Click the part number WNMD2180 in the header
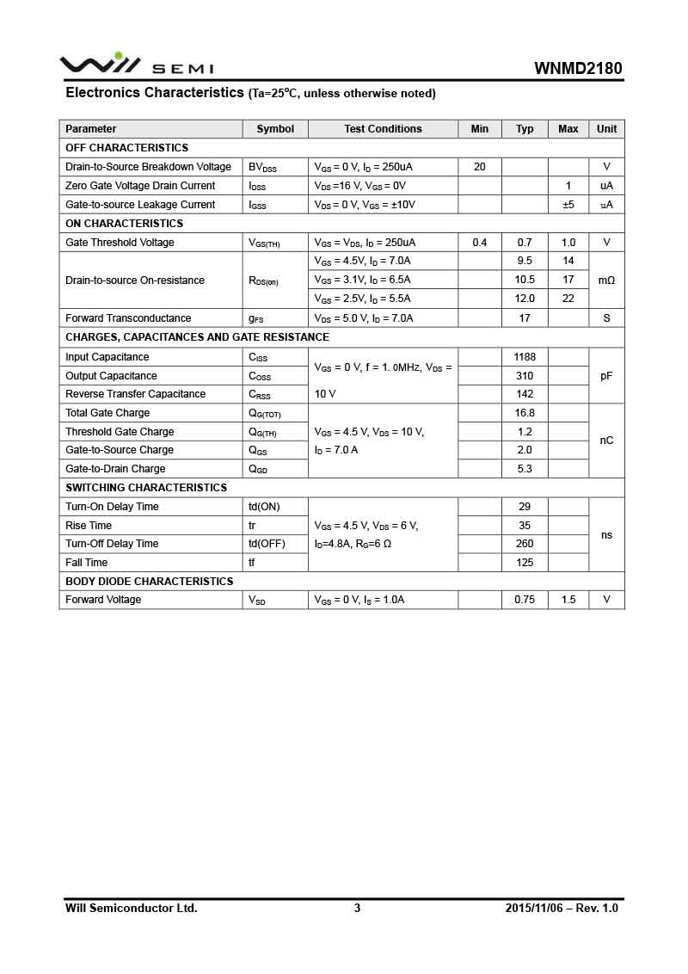pos(578,68)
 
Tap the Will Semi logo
pos(136,65)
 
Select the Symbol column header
pos(275,129)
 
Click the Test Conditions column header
pos(383,129)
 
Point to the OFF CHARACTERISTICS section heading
pos(126,148)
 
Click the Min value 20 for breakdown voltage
pos(480,167)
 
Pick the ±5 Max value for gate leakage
pos(568,205)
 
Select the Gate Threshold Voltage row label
pos(120,243)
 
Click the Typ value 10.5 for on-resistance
pos(525,280)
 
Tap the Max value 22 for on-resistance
pos(568,299)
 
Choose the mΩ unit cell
pos(606,280)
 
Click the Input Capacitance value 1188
pos(525,357)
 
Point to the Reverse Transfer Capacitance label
pos(136,394)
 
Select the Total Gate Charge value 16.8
pos(525,413)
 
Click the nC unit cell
pos(606,441)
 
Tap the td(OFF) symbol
pos(267,544)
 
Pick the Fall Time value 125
pos(525,563)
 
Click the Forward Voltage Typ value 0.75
pos(525,600)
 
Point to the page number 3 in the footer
pos(357,908)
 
